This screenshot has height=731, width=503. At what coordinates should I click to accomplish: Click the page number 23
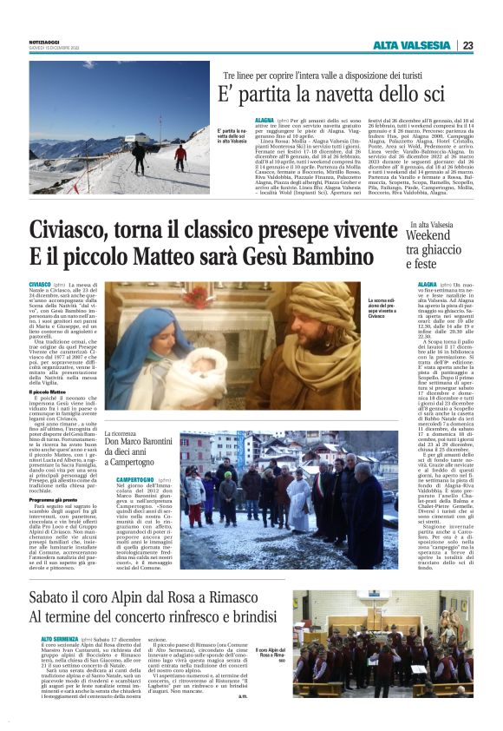(468, 45)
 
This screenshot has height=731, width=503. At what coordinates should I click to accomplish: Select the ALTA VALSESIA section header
(411, 45)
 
